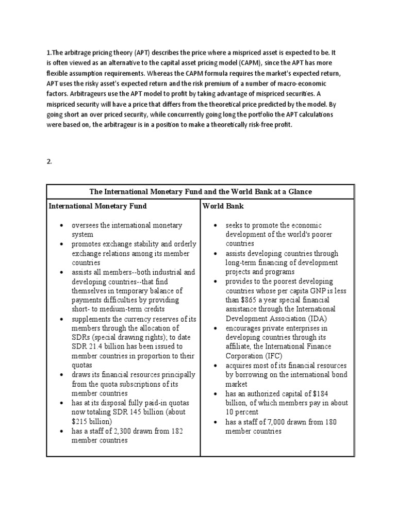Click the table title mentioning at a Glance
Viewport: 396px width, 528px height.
tap(201, 191)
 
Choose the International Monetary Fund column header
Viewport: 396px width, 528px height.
tap(97, 206)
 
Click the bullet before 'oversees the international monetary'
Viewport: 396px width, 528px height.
tap(61, 225)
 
